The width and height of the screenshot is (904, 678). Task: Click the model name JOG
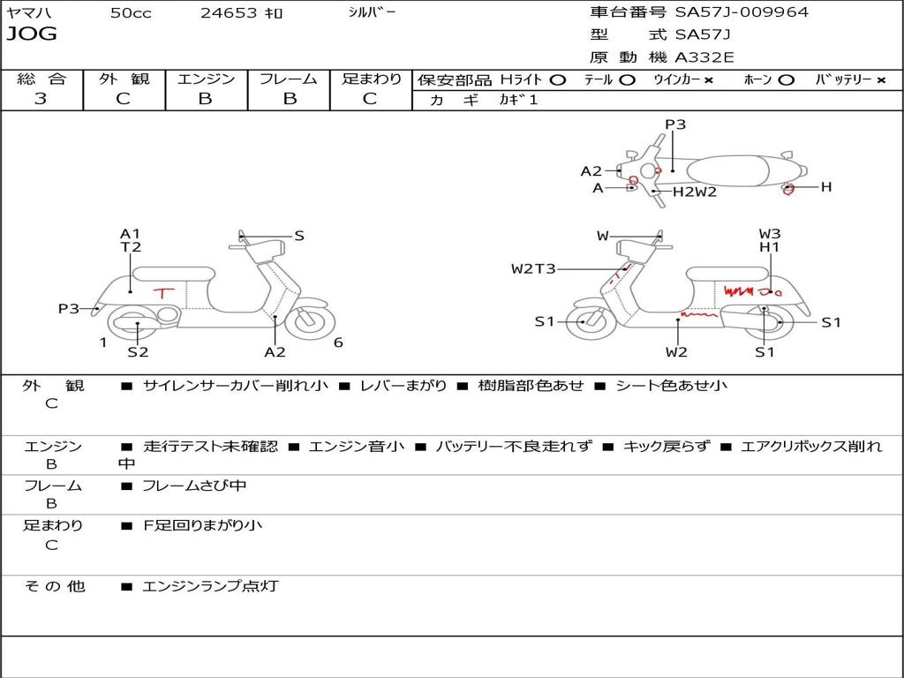click(x=32, y=34)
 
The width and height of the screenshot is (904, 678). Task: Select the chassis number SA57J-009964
click(x=741, y=12)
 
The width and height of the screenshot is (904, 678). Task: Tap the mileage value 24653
click(x=229, y=13)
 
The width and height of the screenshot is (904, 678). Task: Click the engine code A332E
click(x=704, y=57)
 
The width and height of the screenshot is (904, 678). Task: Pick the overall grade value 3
click(x=41, y=99)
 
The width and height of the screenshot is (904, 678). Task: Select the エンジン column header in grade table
click(x=206, y=79)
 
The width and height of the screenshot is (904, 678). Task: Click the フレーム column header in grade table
click(x=289, y=79)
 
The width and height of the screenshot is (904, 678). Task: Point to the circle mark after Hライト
click(x=557, y=79)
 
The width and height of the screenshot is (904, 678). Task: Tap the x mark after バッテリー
click(x=880, y=79)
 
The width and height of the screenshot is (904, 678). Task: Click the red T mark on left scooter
click(x=164, y=291)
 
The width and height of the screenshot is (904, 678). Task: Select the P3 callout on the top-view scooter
click(x=675, y=124)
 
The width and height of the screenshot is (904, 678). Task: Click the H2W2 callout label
click(x=695, y=191)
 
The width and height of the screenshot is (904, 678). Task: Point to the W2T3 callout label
click(x=533, y=268)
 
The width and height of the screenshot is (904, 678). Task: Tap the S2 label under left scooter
click(x=138, y=352)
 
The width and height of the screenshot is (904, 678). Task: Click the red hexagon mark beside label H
click(x=789, y=188)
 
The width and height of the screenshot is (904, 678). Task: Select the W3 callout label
click(x=770, y=234)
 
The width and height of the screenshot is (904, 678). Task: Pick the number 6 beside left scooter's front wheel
click(x=338, y=343)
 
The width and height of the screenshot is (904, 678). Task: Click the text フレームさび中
click(x=194, y=486)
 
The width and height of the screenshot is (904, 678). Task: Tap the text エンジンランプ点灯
click(x=210, y=585)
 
